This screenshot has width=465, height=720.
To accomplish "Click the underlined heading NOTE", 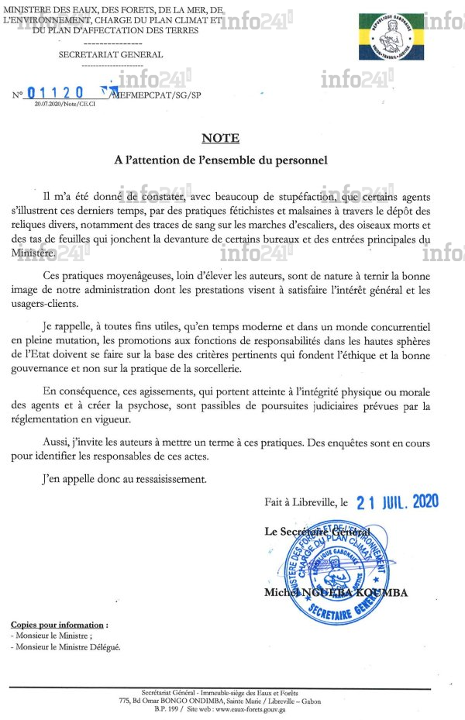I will tap(220, 139).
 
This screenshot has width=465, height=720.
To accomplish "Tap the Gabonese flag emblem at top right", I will tap(391, 36).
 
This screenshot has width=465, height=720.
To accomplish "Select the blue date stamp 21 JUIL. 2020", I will tap(398, 501).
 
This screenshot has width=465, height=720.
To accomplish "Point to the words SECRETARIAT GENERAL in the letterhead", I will tap(111, 55).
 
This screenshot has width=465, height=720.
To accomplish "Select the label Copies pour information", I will tap(59, 625).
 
